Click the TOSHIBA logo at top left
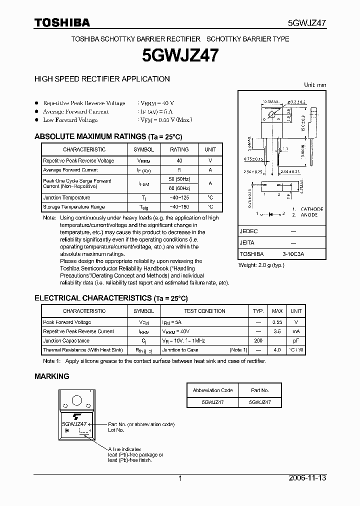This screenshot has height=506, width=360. [x=61, y=22]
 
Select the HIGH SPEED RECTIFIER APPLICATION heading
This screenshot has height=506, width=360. [x=101, y=78]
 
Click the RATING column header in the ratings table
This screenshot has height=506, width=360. [x=179, y=149]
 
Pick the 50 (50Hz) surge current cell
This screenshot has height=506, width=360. [x=179, y=179]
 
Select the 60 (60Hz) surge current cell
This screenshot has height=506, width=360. [x=179, y=188]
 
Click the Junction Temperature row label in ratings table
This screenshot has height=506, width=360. [x=66, y=198]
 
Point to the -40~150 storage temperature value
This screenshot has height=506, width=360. [x=179, y=207]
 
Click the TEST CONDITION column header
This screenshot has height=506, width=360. [x=204, y=311]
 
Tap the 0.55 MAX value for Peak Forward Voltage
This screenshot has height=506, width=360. [x=277, y=322]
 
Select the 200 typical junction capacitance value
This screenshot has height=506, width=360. [x=258, y=340]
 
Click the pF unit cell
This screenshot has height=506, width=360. [x=296, y=340]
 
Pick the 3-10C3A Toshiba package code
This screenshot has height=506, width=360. [x=292, y=254]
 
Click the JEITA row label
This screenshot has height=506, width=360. [x=247, y=242]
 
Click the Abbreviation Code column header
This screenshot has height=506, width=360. [x=213, y=390]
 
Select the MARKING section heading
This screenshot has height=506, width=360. [x=51, y=376]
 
